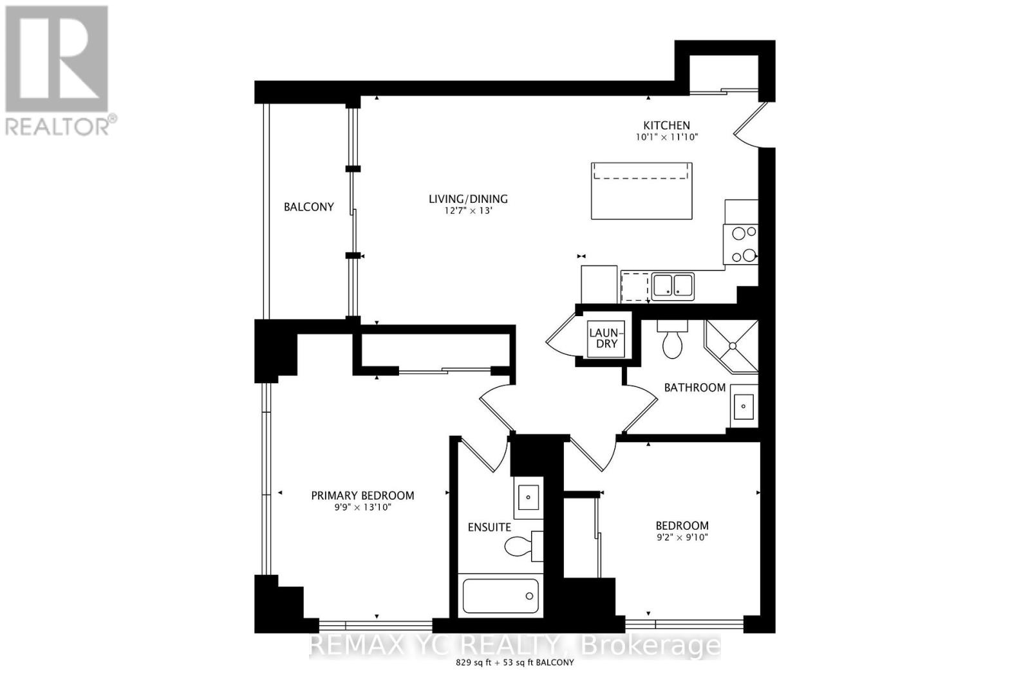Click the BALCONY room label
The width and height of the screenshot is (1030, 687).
[309, 207]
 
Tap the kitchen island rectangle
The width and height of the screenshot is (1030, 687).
[642, 191]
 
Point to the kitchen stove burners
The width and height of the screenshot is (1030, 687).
[741, 245]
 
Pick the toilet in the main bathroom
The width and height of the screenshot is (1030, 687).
[673, 343]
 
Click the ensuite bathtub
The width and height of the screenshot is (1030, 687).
[501, 596]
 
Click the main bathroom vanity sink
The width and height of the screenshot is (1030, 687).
[744, 406]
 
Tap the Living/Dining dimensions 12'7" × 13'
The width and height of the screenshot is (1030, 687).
[468, 211]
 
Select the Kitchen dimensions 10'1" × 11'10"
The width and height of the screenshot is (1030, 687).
[666, 137]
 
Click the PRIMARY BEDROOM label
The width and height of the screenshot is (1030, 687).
[362, 495]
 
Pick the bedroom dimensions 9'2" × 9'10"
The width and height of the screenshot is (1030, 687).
[682, 538]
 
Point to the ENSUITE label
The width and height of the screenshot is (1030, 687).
[489, 527]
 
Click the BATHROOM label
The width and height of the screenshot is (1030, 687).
[695, 388]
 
